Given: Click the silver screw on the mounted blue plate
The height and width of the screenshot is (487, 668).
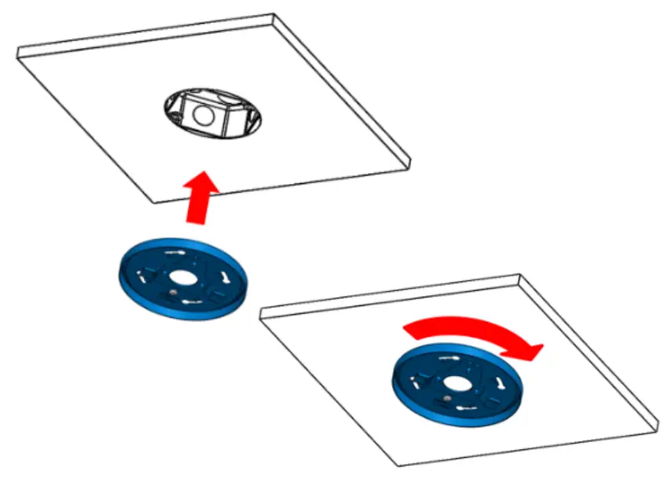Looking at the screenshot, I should [446, 399].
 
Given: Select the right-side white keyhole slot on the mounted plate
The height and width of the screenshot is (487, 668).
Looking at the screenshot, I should [497, 382].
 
